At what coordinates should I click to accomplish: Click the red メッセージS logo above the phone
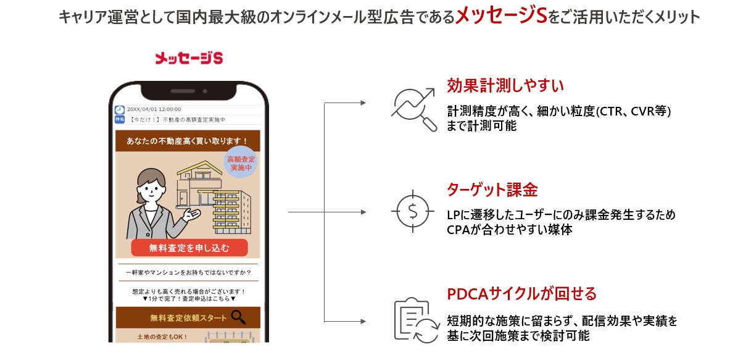pyautogui.click(x=188, y=59)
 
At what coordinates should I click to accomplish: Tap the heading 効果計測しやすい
pyautogui.click(x=505, y=85)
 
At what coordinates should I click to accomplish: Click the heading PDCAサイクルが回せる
pyautogui.click(x=521, y=293)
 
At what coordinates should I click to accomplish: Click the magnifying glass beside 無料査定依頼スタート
pyautogui.click(x=239, y=317)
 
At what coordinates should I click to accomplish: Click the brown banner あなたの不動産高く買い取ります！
pyautogui.click(x=187, y=141)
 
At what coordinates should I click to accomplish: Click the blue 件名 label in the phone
pyautogui.click(x=120, y=119)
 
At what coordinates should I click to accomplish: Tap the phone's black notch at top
pyautogui.click(x=188, y=91)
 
